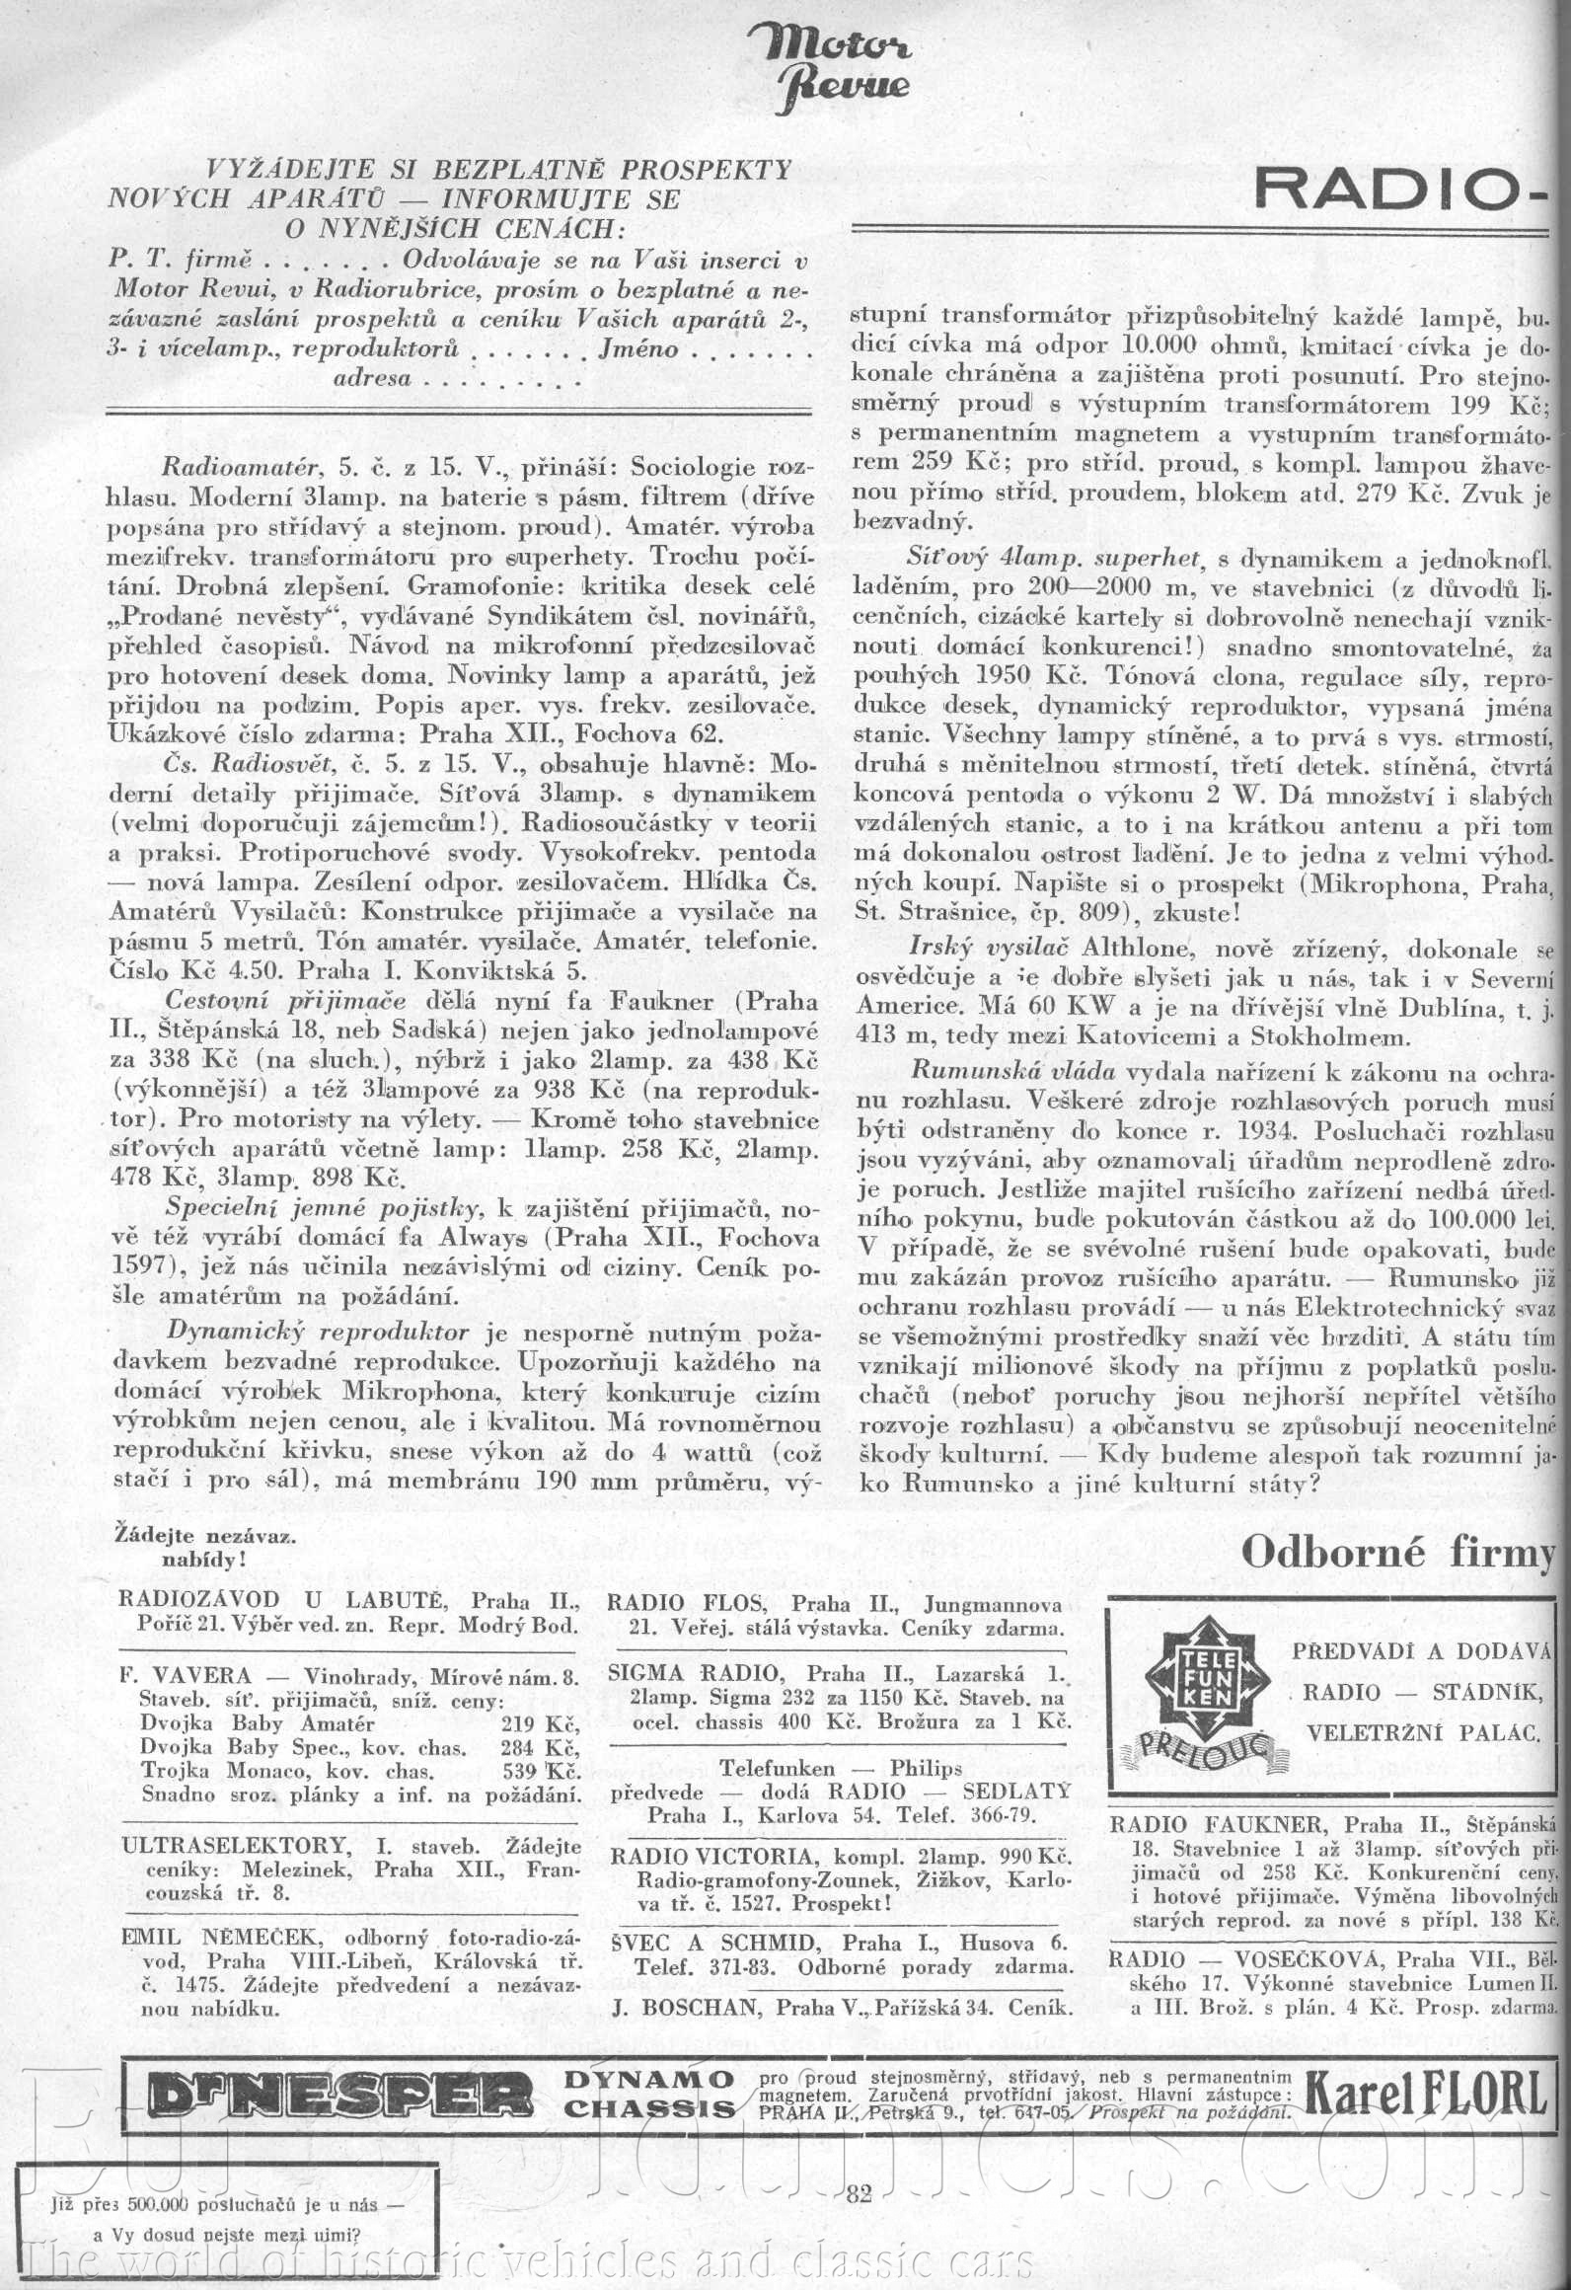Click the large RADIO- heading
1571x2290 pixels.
(x=1401, y=188)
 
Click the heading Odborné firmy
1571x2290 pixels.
(x=1397, y=1552)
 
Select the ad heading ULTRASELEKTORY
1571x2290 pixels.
(x=234, y=1846)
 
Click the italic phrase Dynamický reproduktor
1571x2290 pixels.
(x=318, y=1333)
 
